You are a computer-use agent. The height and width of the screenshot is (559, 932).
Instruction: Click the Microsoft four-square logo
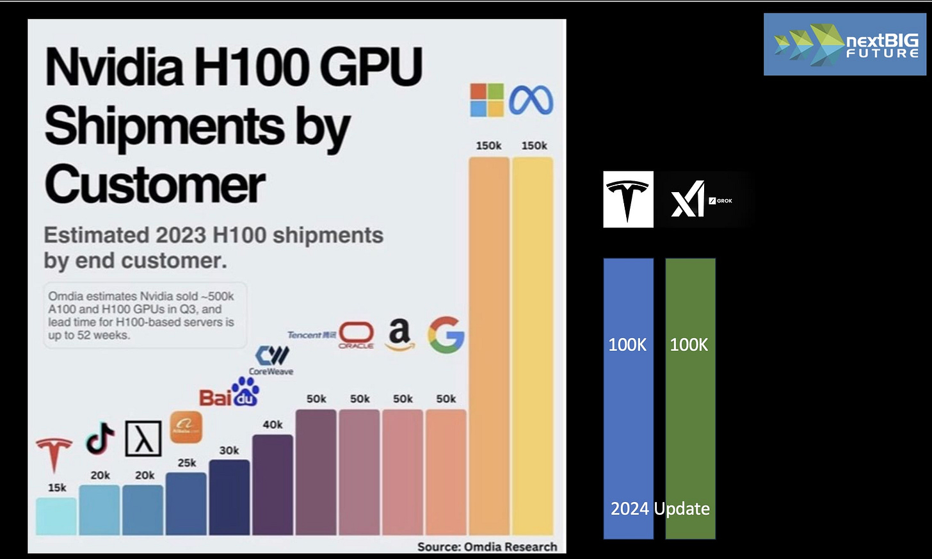point(487,100)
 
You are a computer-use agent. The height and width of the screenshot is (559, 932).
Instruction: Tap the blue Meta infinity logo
point(531,101)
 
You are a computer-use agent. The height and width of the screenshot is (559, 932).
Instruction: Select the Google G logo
point(446,335)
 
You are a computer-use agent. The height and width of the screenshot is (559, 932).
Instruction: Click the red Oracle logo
point(357,335)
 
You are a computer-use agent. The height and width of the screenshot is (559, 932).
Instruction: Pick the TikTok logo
point(100,439)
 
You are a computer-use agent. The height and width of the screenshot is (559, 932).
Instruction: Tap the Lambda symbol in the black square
point(143,439)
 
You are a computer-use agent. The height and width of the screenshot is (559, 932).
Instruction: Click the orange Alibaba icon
point(186,427)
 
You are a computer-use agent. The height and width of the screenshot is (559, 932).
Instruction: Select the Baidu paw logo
point(229,393)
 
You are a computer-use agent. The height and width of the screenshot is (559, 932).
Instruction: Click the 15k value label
point(57,488)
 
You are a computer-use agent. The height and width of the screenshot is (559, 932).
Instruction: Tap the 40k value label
point(273,425)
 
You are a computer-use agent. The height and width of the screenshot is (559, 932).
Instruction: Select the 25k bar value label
point(187,463)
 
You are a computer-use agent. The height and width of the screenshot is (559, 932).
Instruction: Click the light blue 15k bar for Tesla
point(56,517)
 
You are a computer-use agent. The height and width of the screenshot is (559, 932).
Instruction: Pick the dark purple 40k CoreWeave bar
point(273,485)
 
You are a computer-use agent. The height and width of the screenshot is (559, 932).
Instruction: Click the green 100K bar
point(690,416)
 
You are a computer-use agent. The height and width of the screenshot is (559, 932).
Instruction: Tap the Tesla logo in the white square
point(628,199)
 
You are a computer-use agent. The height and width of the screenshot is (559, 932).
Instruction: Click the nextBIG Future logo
point(845,45)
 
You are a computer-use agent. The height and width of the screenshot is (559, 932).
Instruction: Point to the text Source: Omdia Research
point(487,547)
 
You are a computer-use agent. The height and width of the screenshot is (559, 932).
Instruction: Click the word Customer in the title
point(155,184)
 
